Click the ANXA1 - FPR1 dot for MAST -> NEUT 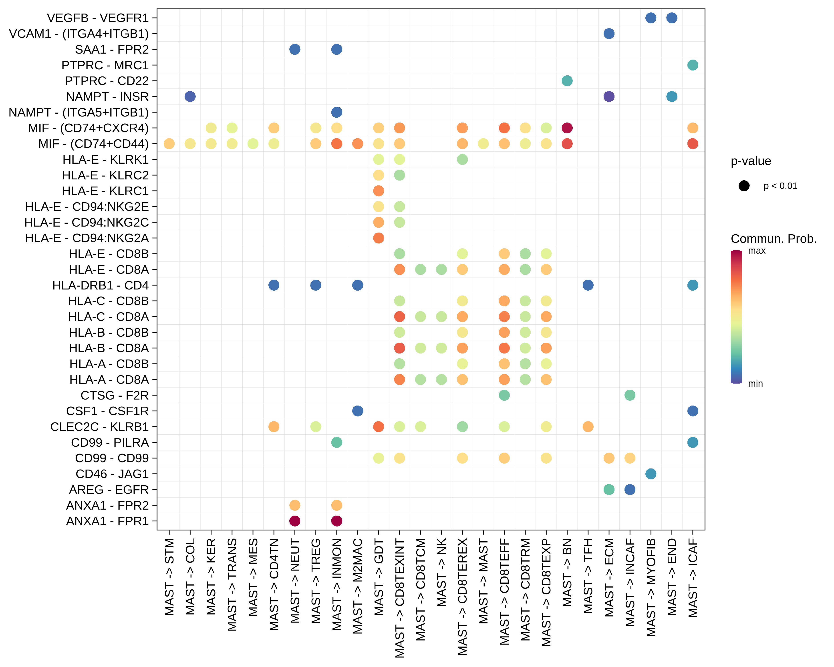pyautogui.click(x=295, y=521)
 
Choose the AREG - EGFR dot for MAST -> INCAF pyautogui.click(x=630, y=490)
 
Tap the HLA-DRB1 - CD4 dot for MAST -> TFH pyautogui.click(x=588, y=285)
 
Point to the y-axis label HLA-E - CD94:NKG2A pyautogui.click(x=87, y=238)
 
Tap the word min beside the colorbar pyautogui.click(x=755, y=384)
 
